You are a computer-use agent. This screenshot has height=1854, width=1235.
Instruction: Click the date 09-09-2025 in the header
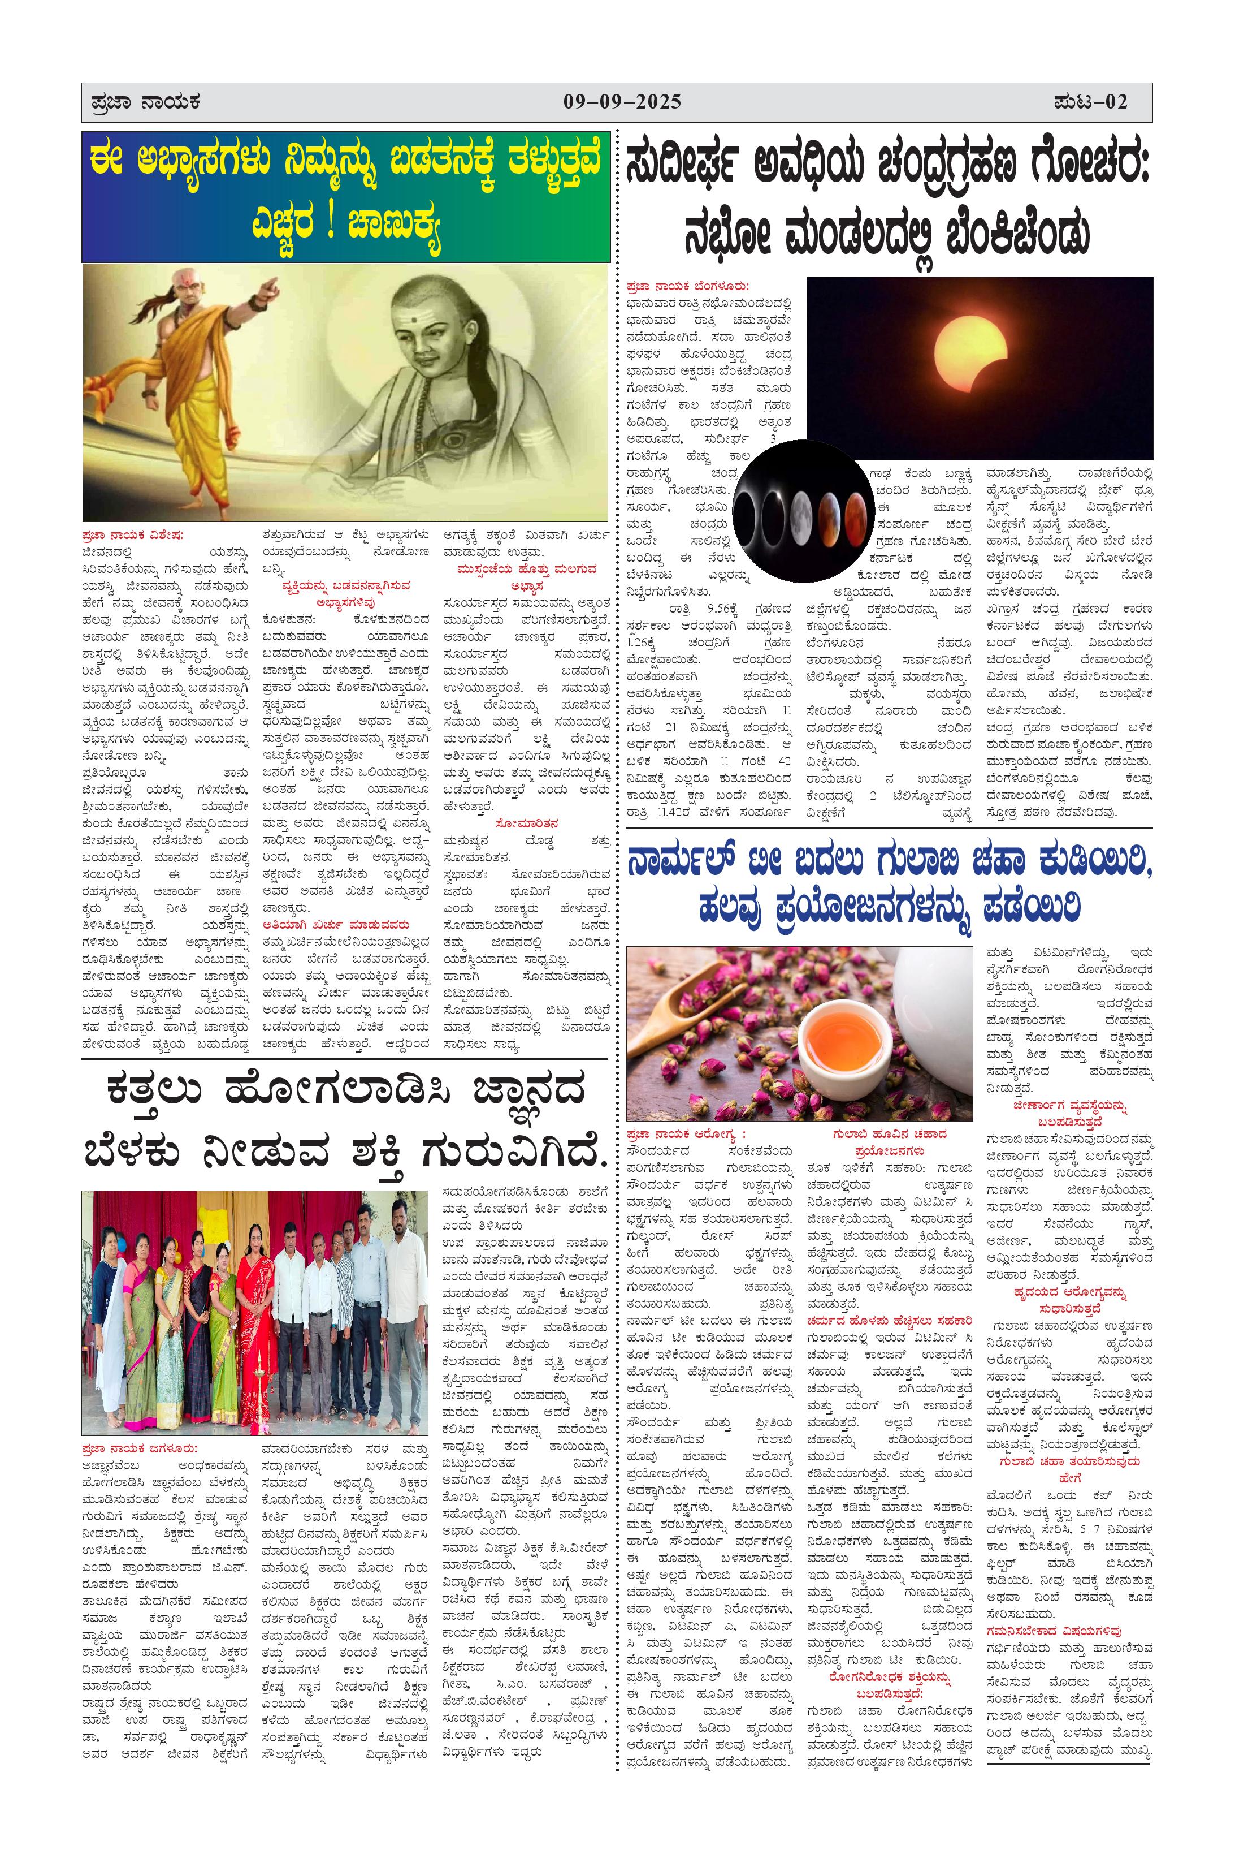[x=622, y=102]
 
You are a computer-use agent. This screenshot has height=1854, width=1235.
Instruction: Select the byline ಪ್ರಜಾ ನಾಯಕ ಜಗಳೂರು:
[x=140, y=1448]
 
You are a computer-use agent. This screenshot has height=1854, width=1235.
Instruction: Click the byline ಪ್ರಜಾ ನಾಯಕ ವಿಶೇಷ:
[x=132, y=534]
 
